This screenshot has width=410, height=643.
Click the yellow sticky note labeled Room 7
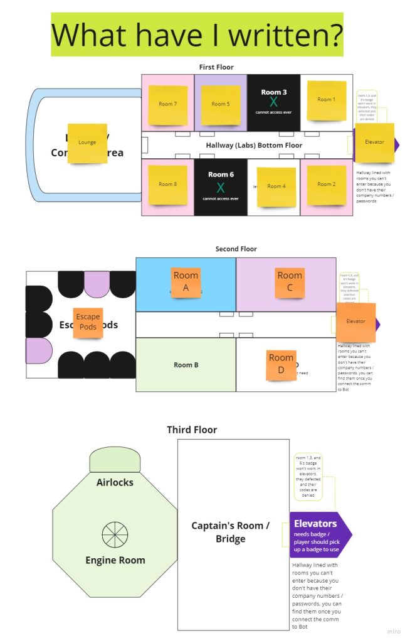coord(167,104)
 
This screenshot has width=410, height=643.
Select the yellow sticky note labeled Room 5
coord(220,104)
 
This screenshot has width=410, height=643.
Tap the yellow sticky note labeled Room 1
coord(326,100)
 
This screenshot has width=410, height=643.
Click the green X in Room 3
coord(273,102)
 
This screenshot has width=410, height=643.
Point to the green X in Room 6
coord(221,187)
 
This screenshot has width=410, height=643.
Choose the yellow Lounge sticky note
coord(87,143)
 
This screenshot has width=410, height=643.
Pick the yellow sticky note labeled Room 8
coord(167,185)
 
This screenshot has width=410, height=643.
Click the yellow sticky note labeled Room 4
coord(276,186)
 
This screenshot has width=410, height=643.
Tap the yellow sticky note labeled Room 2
coord(326,185)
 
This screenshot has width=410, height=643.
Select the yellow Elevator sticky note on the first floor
coord(374,143)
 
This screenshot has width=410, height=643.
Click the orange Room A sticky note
coord(186,282)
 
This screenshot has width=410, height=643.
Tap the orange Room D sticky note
coord(281,365)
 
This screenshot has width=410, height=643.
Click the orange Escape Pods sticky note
coord(88,323)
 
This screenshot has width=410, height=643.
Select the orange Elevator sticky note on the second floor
coord(355,322)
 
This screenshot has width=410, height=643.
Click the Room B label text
coord(186,365)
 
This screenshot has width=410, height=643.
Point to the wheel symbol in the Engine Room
coord(115,534)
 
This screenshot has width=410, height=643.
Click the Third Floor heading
coord(192,430)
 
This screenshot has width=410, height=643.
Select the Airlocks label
coord(115,483)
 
